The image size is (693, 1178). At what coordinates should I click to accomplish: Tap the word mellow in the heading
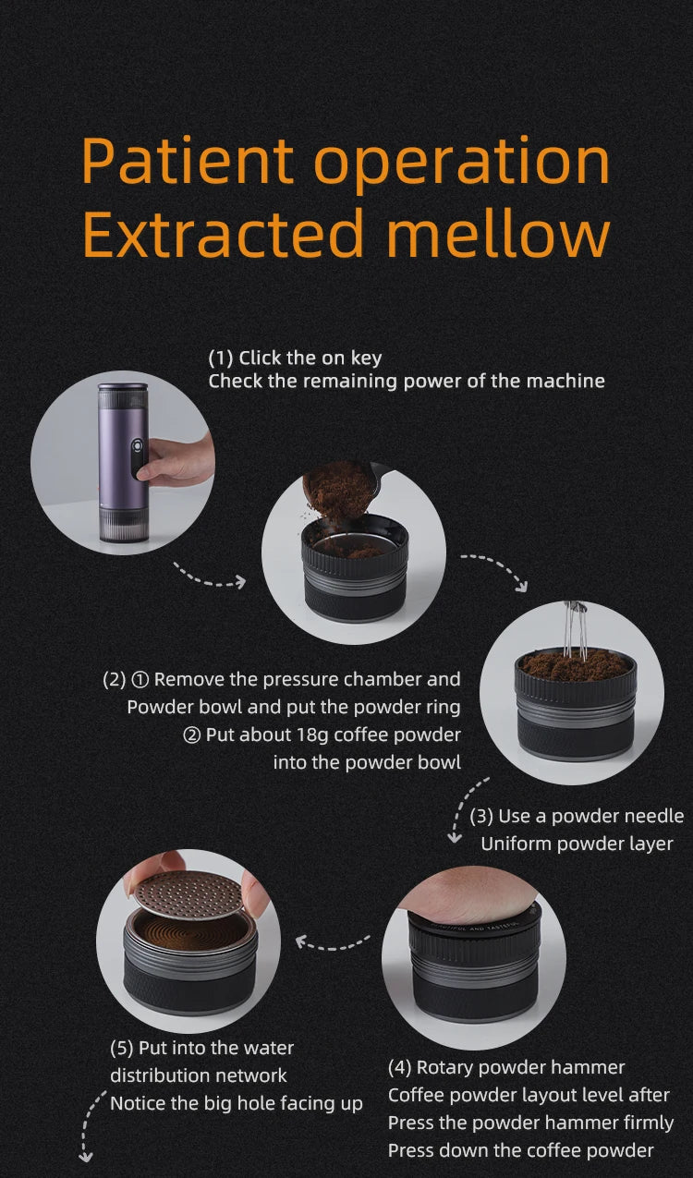[498, 233]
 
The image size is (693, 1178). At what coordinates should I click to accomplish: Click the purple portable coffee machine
[123, 462]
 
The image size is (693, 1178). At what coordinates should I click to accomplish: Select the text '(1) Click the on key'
[295, 358]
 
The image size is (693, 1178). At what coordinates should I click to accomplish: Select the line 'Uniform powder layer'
[577, 844]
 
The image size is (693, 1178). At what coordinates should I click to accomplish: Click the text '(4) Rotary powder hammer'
[506, 1067]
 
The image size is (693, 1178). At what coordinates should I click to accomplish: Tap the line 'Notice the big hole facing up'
[236, 1103]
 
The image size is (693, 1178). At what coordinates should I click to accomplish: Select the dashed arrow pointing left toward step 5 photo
[333, 942]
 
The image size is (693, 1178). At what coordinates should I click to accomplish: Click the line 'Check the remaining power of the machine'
[407, 381]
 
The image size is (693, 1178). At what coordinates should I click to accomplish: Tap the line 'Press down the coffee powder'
[520, 1150]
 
